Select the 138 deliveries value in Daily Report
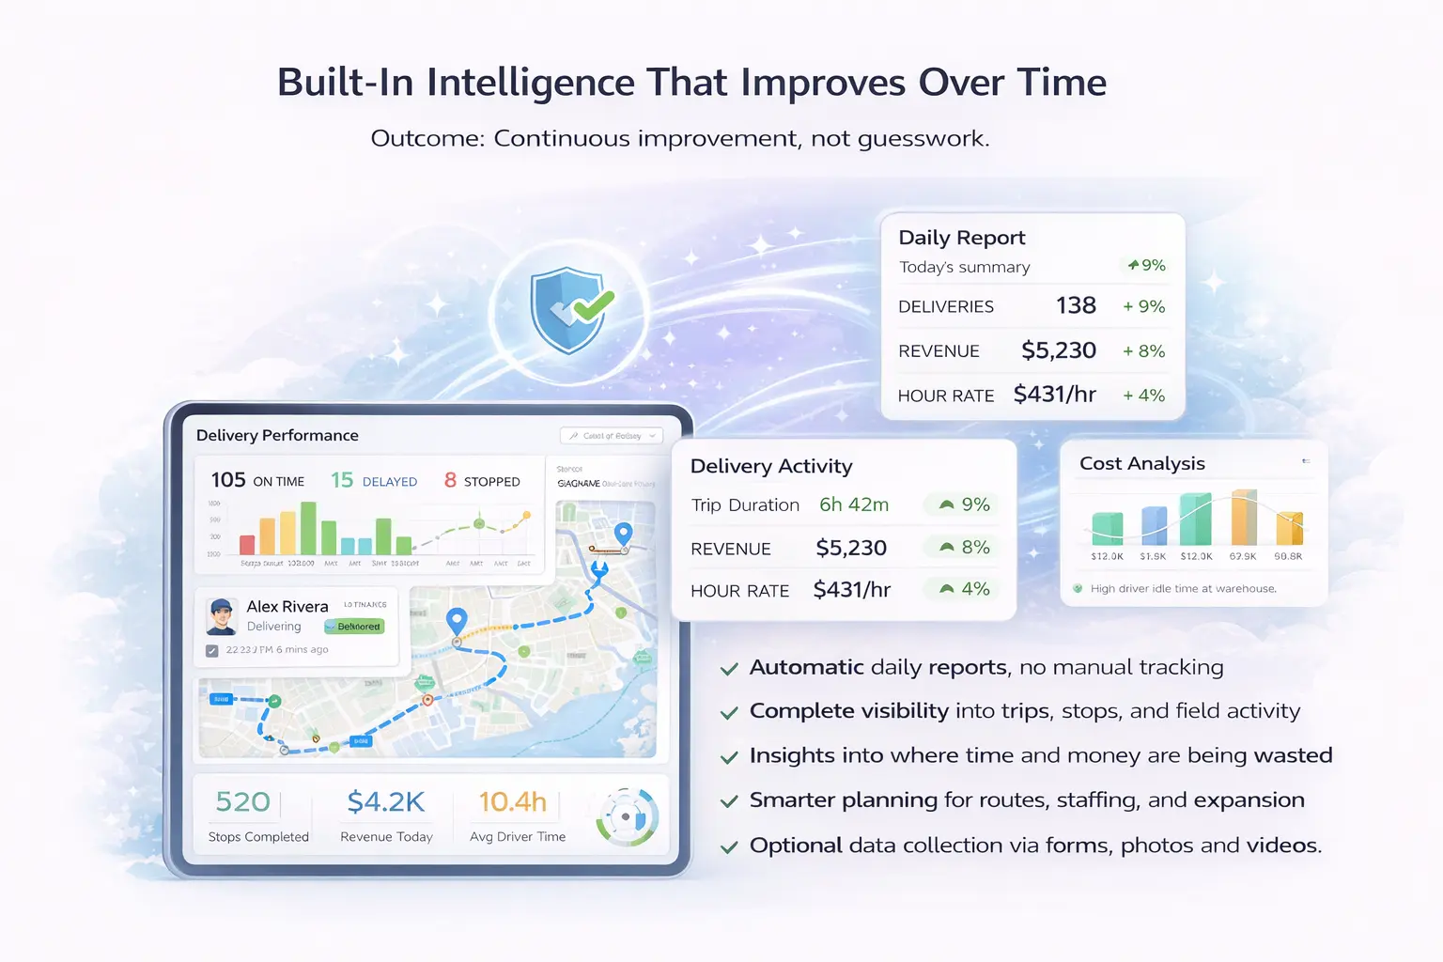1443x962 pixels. (1076, 306)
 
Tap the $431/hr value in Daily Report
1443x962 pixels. (1054, 395)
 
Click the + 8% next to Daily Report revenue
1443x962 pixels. (1143, 351)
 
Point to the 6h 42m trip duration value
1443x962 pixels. (853, 505)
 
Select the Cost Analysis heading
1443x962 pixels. (1141, 464)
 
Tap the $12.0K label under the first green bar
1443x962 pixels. (1107, 556)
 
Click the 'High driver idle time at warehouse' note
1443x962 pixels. (1182, 589)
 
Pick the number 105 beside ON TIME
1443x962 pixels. (228, 480)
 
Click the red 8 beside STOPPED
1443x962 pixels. (450, 480)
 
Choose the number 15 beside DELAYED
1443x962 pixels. (342, 480)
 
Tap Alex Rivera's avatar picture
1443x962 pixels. (222, 616)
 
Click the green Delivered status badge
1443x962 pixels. (355, 627)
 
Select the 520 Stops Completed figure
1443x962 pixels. (242, 802)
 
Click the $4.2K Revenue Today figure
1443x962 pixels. (385, 802)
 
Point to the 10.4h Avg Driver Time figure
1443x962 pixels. (512, 802)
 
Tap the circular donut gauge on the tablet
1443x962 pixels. (627, 816)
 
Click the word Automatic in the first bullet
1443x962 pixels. (806, 668)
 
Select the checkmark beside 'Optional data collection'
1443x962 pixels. (728, 847)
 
